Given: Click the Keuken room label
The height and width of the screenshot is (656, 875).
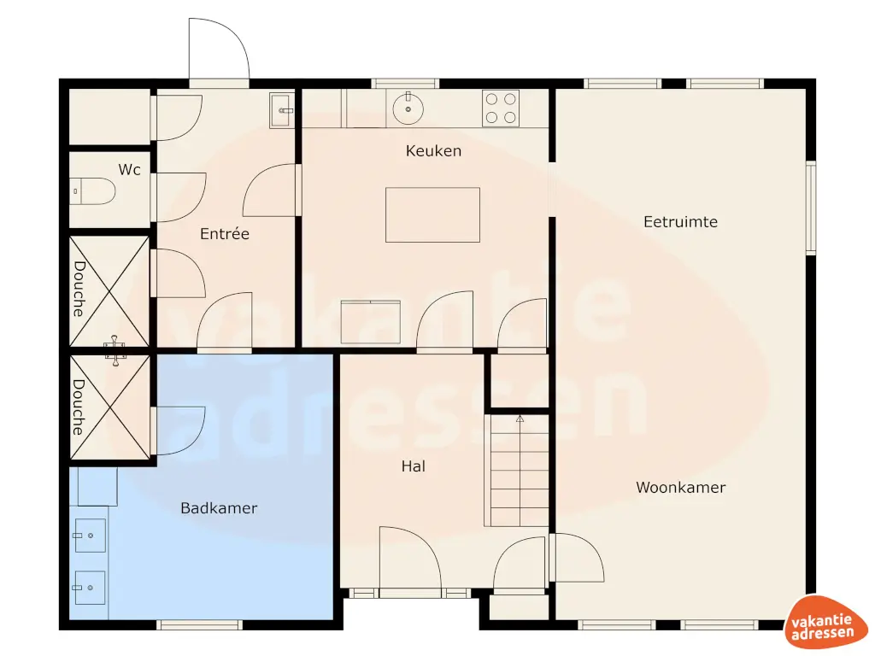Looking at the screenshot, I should coord(433,151).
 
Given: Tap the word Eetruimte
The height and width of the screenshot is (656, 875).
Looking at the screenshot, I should coord(680,222).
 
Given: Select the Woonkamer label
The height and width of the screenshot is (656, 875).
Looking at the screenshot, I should coord(680,488).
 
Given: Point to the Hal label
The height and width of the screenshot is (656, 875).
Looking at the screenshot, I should coord(414,466).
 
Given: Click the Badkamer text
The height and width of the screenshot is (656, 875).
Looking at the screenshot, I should coord(219,508).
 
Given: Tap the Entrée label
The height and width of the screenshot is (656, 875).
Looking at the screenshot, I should coord(225,233).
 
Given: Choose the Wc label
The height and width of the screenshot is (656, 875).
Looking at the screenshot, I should coord(129,170).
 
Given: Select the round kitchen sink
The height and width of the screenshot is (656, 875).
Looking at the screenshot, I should coord(408,108).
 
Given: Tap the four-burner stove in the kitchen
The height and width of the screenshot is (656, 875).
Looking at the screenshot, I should coord(501,108).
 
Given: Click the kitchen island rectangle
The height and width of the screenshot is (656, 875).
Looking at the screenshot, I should coord(432,215).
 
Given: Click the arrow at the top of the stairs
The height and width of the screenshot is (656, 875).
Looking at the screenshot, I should coord(519,419).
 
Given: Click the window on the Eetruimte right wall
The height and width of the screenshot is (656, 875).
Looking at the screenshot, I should coord(811,208).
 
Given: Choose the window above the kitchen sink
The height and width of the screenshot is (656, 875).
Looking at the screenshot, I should coord(405,83).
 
